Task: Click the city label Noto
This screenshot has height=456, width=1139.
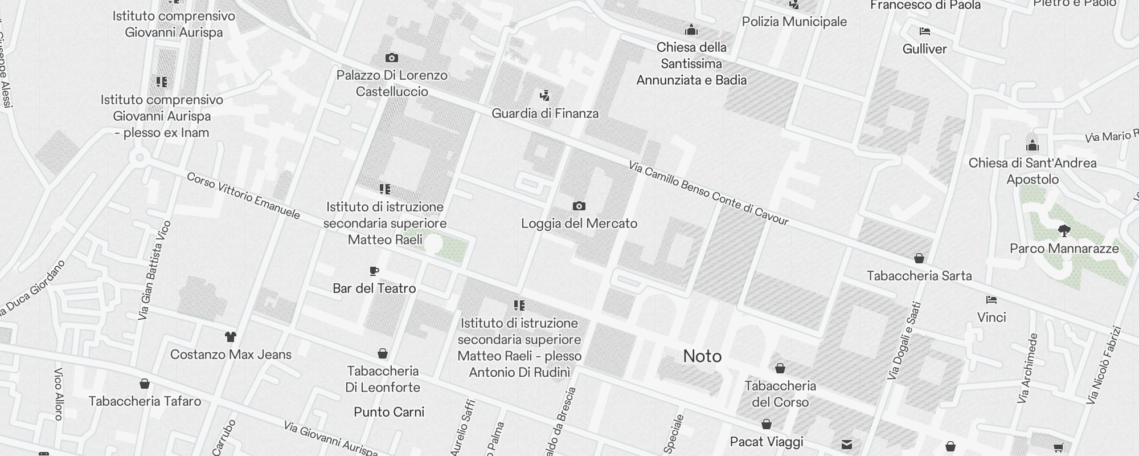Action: click(x=702, y=356)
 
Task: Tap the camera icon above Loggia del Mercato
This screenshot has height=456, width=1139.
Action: click(x=579, y=206)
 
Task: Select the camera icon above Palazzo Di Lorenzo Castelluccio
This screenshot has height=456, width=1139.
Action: click(x=391, y=58)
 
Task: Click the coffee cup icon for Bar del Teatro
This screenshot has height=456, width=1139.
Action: click(x=374, y=271)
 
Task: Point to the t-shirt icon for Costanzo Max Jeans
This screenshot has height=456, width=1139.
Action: click(x=230, y=337)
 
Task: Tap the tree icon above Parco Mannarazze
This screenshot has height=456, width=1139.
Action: click(x=1064, y=231)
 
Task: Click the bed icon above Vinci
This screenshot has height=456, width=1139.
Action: click(x=991, y=300)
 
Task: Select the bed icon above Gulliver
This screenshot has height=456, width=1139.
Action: click(x=924, y=31)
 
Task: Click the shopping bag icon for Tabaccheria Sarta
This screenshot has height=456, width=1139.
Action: click(x=919, y=258)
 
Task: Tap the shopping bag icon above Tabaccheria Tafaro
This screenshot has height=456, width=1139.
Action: click(x=145, y=384)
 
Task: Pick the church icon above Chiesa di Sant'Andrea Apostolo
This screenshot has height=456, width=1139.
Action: click(x=1032, y=145)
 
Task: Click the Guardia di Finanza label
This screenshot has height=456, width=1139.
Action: click(x=545, y=113)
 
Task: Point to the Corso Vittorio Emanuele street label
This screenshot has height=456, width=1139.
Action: click(x=243, y=196)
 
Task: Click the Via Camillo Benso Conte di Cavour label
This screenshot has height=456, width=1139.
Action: click(x=708, y=193)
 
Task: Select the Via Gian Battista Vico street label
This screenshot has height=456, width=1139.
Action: click(x=154, y=270)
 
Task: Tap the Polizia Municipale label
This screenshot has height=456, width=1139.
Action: click(x=794, y=22)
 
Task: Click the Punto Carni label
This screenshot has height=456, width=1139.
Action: click(x=389, y=412)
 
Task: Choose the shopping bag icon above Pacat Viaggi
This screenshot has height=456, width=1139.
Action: click(x=767, y=425)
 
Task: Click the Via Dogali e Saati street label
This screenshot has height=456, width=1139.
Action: click(x=904, y=340)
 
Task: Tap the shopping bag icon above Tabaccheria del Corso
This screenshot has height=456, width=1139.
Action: click(x=780, y=369)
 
